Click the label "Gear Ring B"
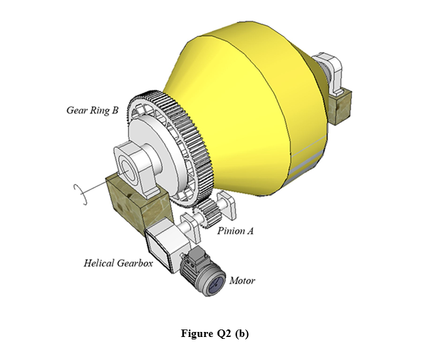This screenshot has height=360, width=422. (x=92, y=111)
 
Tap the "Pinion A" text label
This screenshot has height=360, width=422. (x=236, y=230)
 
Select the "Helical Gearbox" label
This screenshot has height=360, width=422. (x=118, y=263)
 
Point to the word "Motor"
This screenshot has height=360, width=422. (x=242, y=280)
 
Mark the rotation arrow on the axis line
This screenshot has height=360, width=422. (x=78, y=189)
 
